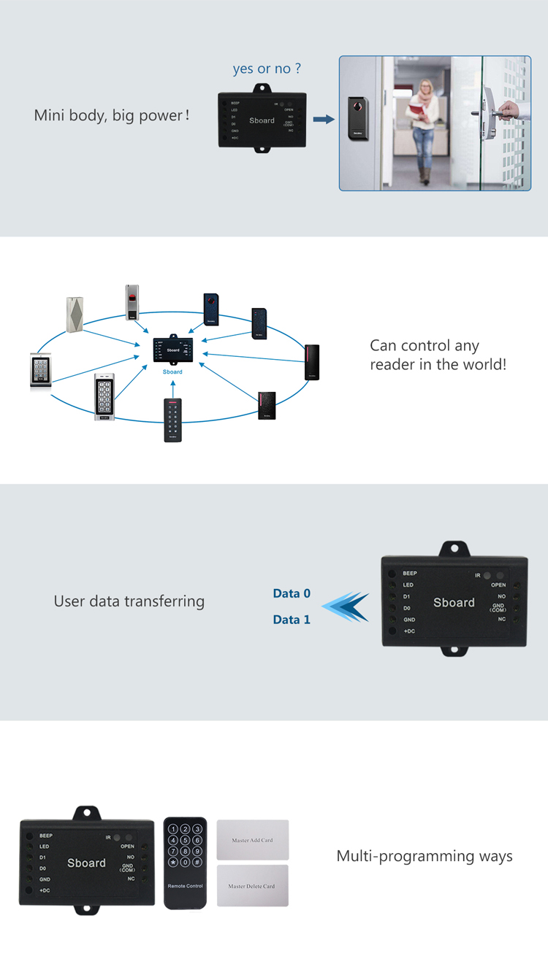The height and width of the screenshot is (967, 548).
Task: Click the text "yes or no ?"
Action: [x=267, y=69]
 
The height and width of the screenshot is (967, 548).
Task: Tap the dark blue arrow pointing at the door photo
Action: [x=324, y=119]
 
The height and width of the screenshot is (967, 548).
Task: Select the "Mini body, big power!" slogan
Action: [x=112, y=115]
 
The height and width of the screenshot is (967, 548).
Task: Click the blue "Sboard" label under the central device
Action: [x=172, y=372]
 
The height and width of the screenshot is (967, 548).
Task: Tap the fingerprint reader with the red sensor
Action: [x=132, y=302]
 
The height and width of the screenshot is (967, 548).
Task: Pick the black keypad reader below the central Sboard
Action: [x=172, y=420]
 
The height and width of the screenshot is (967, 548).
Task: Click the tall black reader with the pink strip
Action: [x=312, y=362]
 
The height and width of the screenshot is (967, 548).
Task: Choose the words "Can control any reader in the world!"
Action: [x=438, y=355]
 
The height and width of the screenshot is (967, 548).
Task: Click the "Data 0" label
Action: [x=292, y=594]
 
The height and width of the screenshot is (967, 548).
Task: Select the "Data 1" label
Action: [x=292, y=620]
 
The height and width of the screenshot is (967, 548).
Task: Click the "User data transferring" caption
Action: [x=129, y=601]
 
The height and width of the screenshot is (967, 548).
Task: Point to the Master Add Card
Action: [x=253, y=840]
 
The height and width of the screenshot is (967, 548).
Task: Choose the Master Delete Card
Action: [x=252, y=886]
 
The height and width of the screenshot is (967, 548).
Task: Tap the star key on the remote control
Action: [x=173, y=863]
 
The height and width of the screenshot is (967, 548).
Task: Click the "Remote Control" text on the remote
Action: [x=185, y=886]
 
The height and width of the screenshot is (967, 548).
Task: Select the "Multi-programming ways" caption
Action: [x=425, y=856]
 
